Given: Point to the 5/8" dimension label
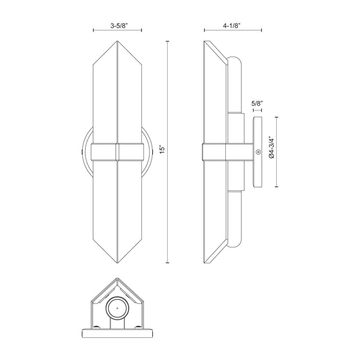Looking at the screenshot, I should point(257,103).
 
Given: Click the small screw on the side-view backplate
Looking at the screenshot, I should point(259,152).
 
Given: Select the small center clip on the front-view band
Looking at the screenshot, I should point(118,152).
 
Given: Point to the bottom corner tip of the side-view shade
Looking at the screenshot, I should point(205,263).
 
